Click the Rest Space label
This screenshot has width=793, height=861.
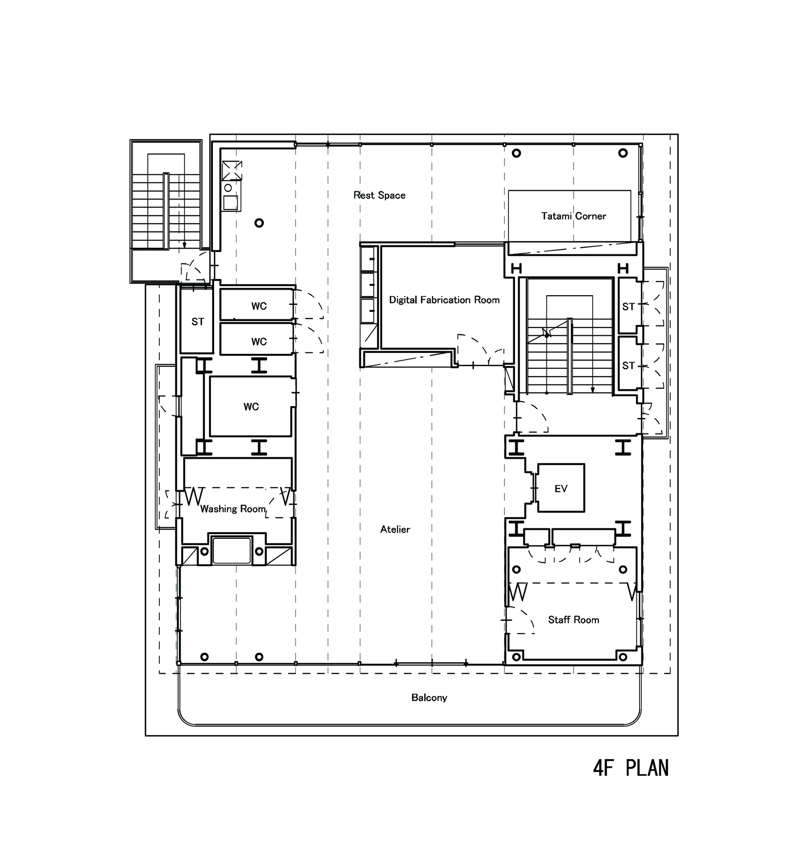[379, 195]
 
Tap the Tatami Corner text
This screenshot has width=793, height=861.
[573, 216]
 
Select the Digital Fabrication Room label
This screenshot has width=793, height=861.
[444, 300]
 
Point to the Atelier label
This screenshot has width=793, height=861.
[395, 529]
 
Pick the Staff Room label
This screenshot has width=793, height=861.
[573, 620]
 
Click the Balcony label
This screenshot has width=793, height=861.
[429, 698]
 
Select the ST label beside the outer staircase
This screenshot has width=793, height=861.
[198, 322]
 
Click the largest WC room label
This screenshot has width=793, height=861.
[251, 407]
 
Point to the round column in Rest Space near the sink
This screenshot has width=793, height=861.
[259, 223]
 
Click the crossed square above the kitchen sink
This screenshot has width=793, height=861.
[232, 170]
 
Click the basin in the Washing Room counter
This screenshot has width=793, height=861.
[232, 551]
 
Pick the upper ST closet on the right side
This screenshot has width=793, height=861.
[628, 306]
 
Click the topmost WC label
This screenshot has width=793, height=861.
[259, 306]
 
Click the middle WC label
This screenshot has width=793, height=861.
[259, 342]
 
